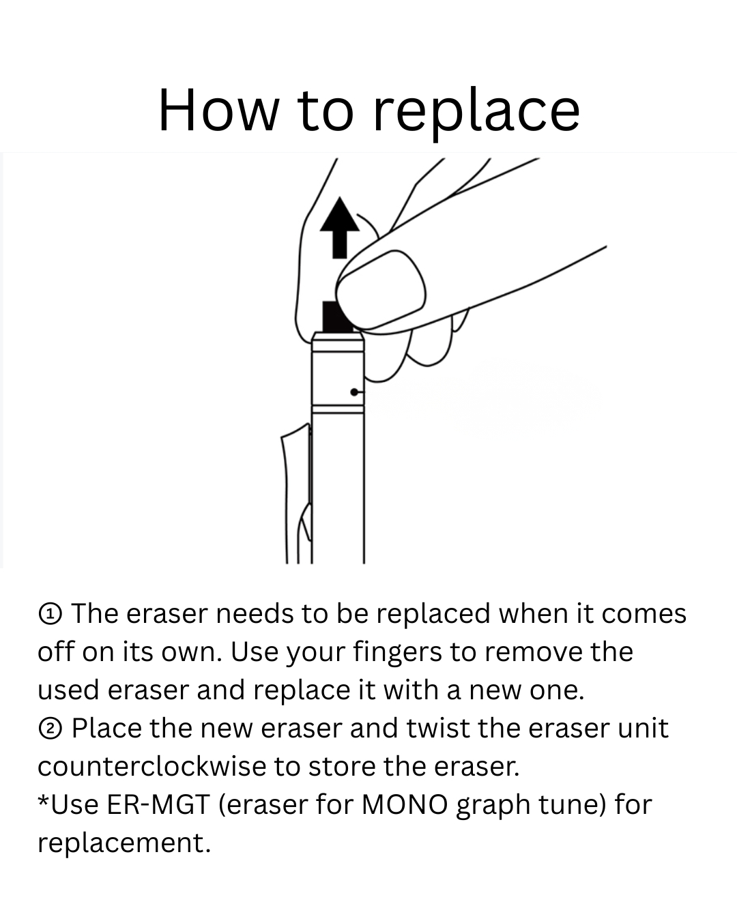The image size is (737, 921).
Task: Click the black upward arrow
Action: [x=340, y=228]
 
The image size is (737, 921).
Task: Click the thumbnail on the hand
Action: [x=381, y=290]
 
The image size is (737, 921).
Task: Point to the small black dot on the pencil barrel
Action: [x=354, y=392]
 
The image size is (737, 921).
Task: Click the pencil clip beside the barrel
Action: [x=296, y=492]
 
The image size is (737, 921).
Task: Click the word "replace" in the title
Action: [x=476, y=111]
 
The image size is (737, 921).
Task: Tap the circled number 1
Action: [x=50, y=615]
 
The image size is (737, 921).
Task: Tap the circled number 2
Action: [x=50, y=729]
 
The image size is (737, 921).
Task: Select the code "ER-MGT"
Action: [x=158, y=804]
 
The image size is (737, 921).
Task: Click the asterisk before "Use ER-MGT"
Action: [x=43, y=800]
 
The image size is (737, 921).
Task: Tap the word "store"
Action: [x=342, y=767]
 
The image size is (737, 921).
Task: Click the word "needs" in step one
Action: [x=255, y=615]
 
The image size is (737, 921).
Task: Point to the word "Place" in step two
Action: [x=106, y=729]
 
